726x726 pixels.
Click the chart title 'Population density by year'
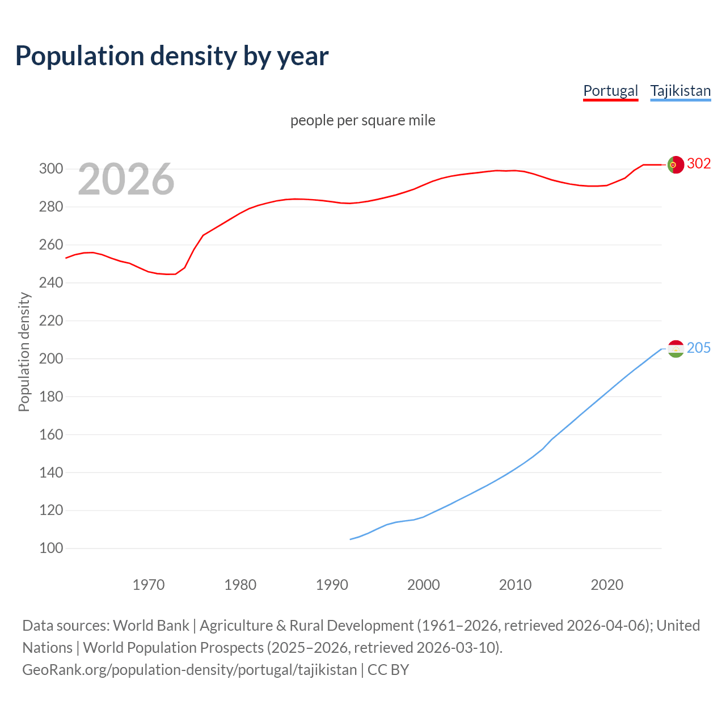click(x=172, y=56)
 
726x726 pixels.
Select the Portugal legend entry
click(x=610, y=91)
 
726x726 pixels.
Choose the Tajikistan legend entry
click(x=680, y=91)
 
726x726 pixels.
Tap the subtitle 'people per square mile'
click(x=362, y=120)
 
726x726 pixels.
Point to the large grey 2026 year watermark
click(x=126, y=179)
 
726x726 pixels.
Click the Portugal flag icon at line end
click(x=676, y=164)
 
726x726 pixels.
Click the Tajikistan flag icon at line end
click(x=676, y=349)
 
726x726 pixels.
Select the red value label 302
click(x=699, y=163)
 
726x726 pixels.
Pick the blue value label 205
click(x=699, y=348)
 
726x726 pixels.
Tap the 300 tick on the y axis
click(x=50, y=169)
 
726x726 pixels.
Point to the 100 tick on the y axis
click(x=50, y=548)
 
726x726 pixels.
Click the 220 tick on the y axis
click(x=50, y=321)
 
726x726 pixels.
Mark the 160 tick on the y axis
click(x=50, y=434)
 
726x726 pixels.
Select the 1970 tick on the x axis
click(x=149, y=585)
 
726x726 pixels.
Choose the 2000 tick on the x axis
click(x=423, y=585)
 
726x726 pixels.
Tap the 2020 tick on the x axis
click(x=607, y=585)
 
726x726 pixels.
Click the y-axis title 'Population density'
click(x=24, y=352)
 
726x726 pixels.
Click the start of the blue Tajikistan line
click(x=351, y=539)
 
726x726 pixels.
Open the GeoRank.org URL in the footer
click(x=189, y=670)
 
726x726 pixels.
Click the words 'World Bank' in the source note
click(x=151, y=626)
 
